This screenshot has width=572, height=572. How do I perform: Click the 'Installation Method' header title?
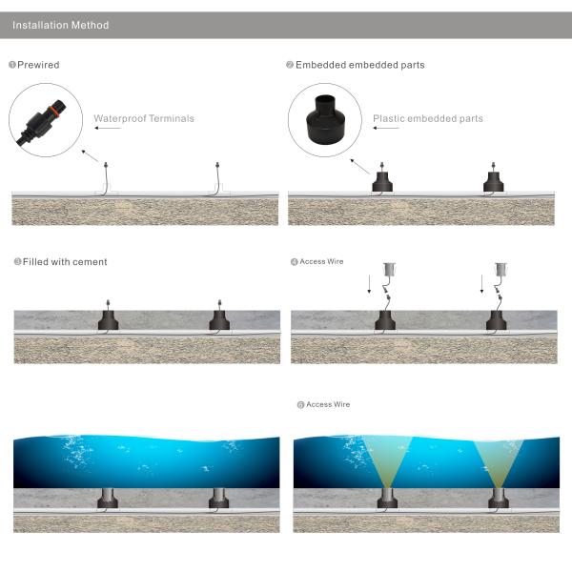[60, 25]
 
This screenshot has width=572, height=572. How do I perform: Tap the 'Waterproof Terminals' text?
[144, 119]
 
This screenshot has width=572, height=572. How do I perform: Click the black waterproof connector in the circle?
[44, 121]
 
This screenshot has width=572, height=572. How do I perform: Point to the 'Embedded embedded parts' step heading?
[359, 65]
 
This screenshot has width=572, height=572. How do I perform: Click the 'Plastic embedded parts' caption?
[427, 119]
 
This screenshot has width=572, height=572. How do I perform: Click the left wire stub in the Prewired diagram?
[106, 177]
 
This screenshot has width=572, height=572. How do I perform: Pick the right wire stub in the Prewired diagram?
[217, 177]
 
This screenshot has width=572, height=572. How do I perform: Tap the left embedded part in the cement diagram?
[108, 317]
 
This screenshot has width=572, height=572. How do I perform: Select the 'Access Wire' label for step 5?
[327, 405]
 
